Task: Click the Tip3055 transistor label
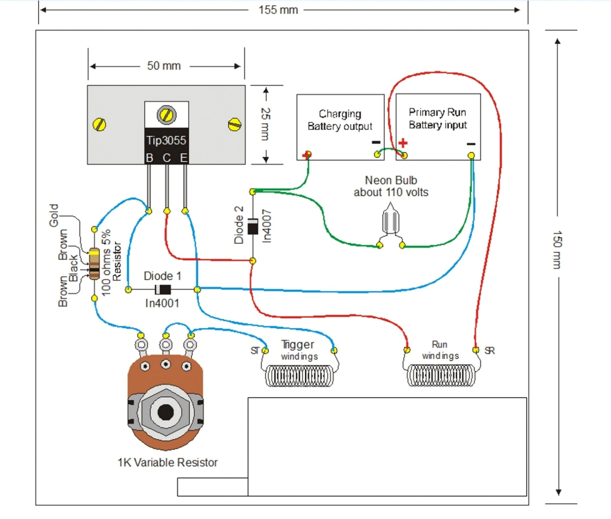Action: pyautogui.click(x=166, y=141)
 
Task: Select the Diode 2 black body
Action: pyautogui.click(x=253, y=226)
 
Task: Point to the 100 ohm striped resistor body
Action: pyautogui.click(x=94, y=264)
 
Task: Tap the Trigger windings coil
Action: pyautogui.click(x=299, y=376)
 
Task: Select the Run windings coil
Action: pyautogui.click(x=441, y=375)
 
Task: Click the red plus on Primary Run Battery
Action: pyautogui.click(x=403, y=143)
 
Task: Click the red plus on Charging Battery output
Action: pyautogui.click(x=307, y=155)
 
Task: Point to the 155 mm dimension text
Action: pyautogui.click(x=278, y=10)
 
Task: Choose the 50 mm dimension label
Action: pyautogui.click(x=164, y=66)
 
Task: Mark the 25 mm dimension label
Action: pyautogui.click(x=265, y=124)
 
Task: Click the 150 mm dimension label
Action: pyautogui.click(x=557, y=250)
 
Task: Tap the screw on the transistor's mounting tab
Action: pyautogui.click(x=167, y=115)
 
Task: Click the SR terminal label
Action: pyautogui.click(x=490, y=350)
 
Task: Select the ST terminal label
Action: pyautogui.click(x=255, y=350)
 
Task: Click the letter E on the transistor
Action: pyautogui.click(x=184, y=158)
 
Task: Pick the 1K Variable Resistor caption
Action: pyautogui.click(x=167, y=463)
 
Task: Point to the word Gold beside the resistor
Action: pyautogui.click(x=54, y=215)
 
